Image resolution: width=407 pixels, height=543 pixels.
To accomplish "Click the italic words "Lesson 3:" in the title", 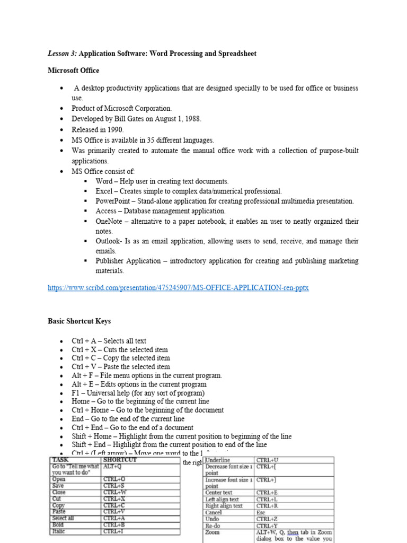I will (62, 54).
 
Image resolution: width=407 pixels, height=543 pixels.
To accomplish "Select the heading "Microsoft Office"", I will (73, 71).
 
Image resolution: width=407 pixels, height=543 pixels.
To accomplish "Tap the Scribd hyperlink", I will (178, 288).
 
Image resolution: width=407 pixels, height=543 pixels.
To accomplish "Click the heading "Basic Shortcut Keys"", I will (79, 321).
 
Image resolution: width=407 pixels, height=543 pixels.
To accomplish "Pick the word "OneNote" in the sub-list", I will (110, 221).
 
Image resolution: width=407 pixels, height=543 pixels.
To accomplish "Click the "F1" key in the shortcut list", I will (76, 393).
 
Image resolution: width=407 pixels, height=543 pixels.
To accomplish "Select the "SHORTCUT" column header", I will (120, 460).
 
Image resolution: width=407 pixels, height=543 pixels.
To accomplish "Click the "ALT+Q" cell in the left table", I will (113, 467).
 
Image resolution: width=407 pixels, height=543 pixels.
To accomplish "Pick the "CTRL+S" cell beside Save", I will (114, 486).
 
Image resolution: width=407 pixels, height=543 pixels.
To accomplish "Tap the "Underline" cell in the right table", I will (217, 460).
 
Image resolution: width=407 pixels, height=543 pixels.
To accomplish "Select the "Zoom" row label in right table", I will (213, 532).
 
